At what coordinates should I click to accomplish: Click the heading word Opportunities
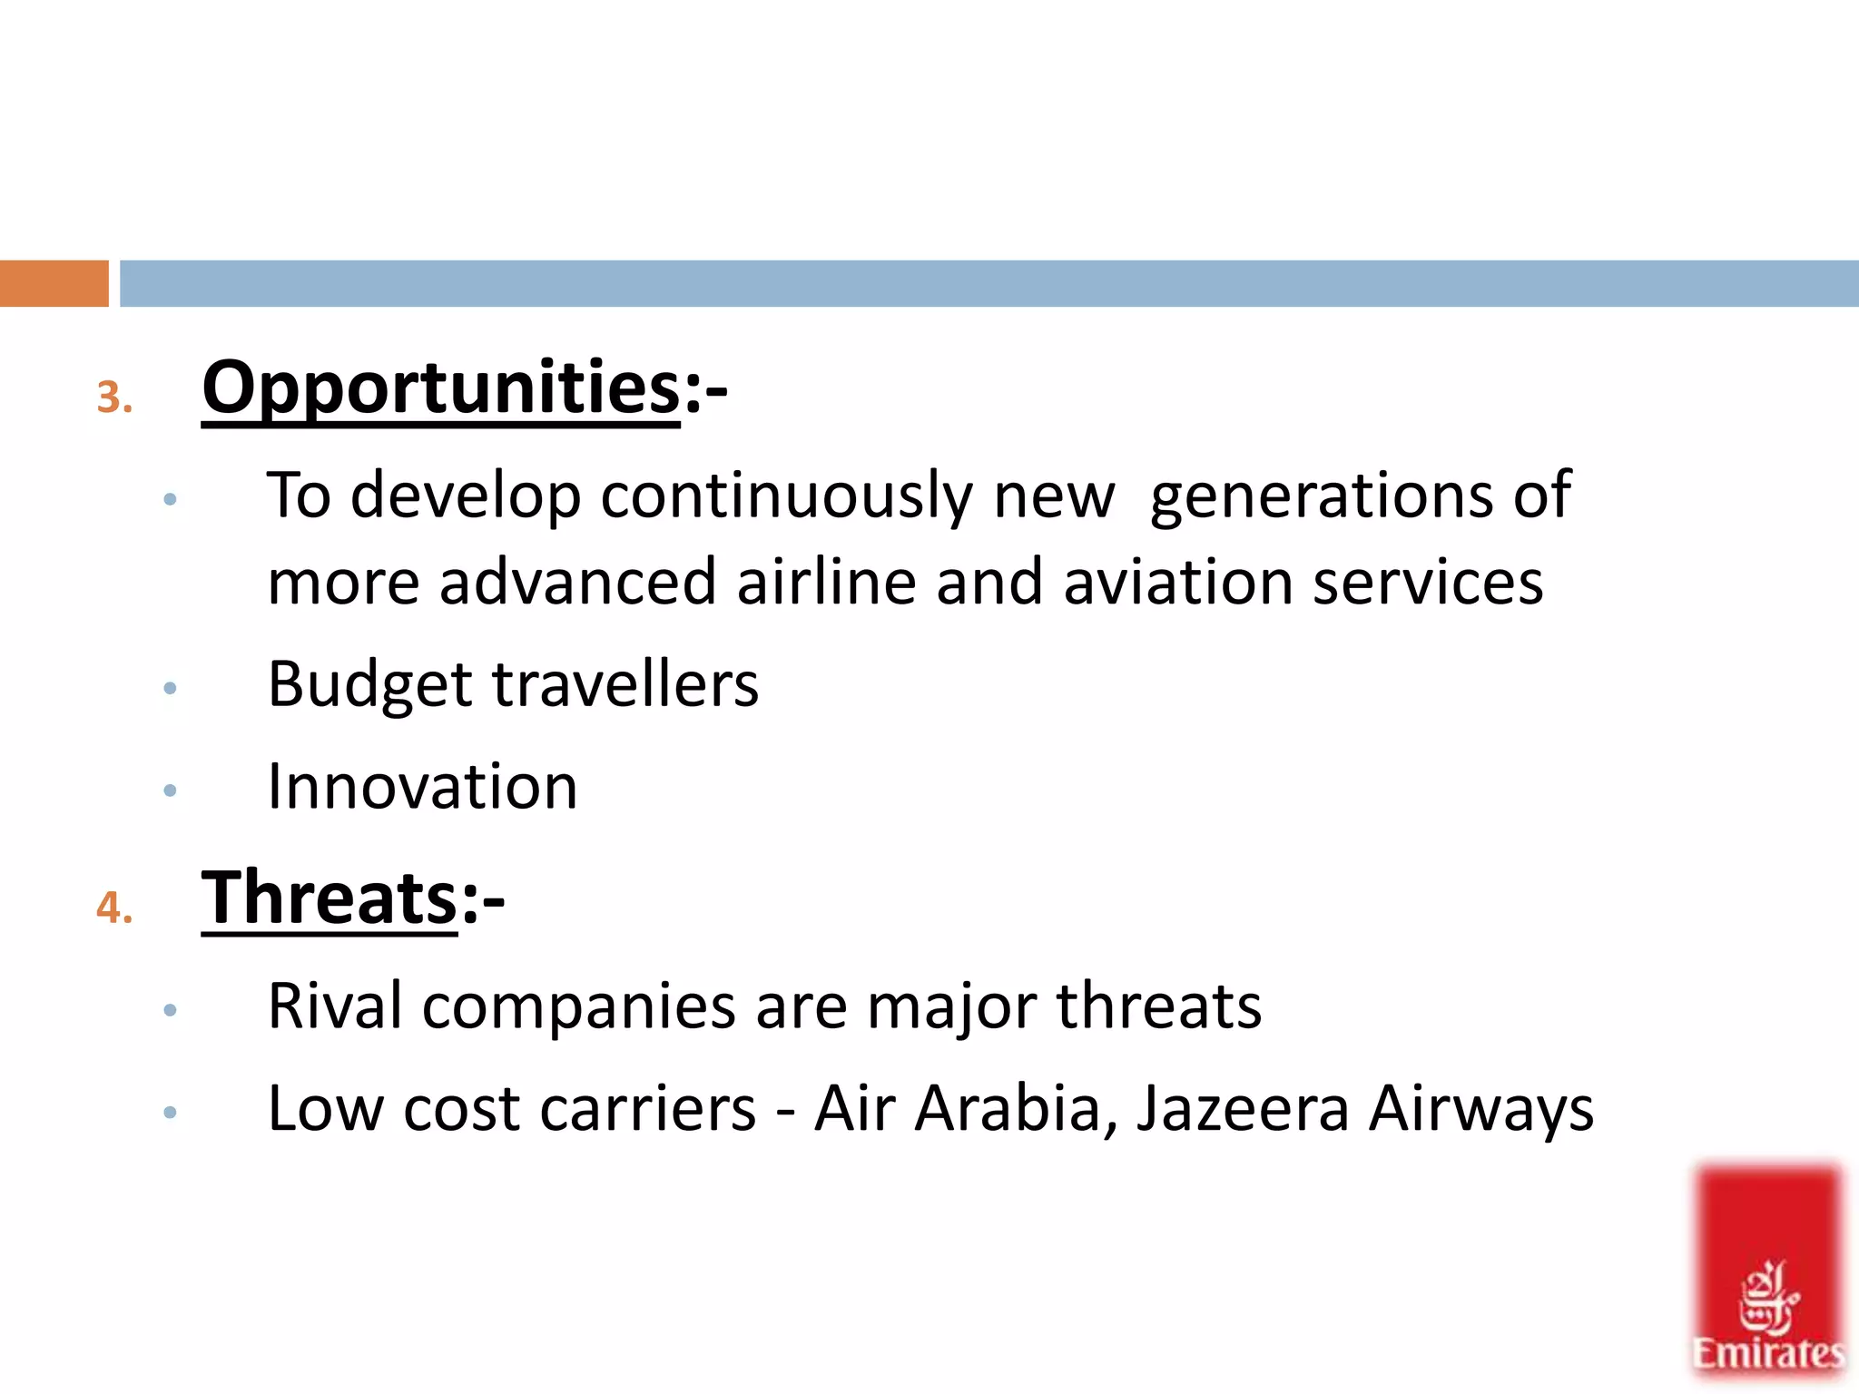click(440, 388)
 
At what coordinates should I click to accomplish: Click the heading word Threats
click(329, 898)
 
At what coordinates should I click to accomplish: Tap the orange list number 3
click(113, 398)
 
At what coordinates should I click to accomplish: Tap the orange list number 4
click(113, 908)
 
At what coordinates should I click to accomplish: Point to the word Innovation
click(422, 786)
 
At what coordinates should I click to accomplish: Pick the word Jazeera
click(1243, 1109)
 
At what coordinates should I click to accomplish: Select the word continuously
click(786, 497)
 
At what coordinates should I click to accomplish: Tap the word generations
click(1321, 497)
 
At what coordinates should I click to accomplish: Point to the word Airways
click(1481, 1109)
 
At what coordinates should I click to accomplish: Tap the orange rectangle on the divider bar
click(54, 283)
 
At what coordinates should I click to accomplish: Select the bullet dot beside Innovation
click(170, 790)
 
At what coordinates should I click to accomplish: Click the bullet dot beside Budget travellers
click(170, 689)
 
